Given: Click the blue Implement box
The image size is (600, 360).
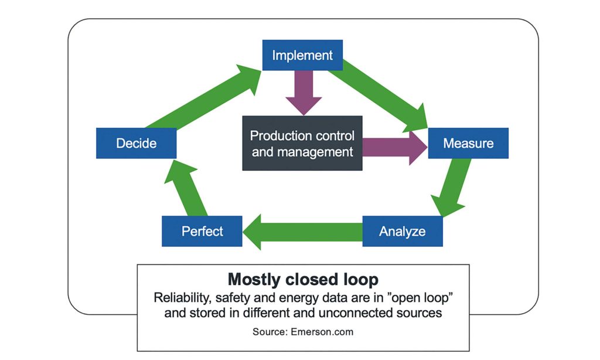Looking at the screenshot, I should [302, 56].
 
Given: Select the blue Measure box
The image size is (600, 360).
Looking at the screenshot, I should [468, 143].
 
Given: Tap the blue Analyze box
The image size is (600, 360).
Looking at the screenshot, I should [403, 231].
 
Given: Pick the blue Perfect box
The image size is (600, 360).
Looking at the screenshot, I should [202, 231].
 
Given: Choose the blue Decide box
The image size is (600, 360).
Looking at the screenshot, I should [136, 143].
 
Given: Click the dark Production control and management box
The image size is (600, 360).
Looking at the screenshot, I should [302, 144].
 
